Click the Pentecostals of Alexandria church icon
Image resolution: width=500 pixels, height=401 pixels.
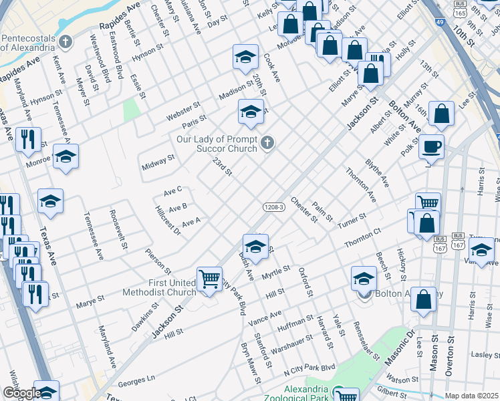tap(65, 42)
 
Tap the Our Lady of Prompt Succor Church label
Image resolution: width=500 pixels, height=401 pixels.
tap(217, 144)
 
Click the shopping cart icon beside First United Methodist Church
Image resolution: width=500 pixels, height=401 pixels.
tap(209, 279)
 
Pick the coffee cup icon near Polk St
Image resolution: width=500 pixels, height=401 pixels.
tap(431, 146)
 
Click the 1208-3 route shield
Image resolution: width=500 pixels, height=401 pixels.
tap(274, 207)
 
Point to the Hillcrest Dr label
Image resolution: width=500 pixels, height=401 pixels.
tap(168, 221)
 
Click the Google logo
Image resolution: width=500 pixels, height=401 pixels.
tap(22, 393)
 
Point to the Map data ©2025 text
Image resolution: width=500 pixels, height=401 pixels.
tap(471, 396)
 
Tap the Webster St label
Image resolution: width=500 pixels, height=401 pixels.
tap(183, 112)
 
